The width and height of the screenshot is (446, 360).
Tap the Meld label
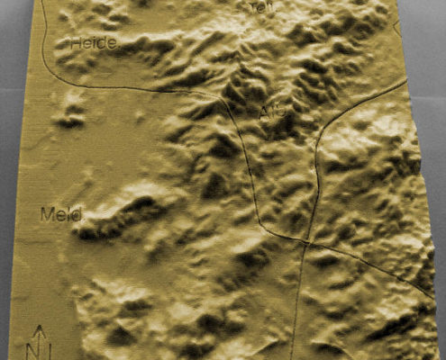(x=60, y=214)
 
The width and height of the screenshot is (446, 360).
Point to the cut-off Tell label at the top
(x=262, y=6)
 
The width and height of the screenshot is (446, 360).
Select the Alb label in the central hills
(x=269, y=110)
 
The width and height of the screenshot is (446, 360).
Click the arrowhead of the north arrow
(x=40, y=329)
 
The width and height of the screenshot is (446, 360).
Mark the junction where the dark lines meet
(x=308, y=242)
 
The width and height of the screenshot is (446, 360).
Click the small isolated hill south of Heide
(x=70, y=114)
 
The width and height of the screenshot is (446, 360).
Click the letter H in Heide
(x=76, y=42)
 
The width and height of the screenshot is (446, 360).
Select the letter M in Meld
(x=47, y=214)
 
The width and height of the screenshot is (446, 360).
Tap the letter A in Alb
(x=263, y=110)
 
